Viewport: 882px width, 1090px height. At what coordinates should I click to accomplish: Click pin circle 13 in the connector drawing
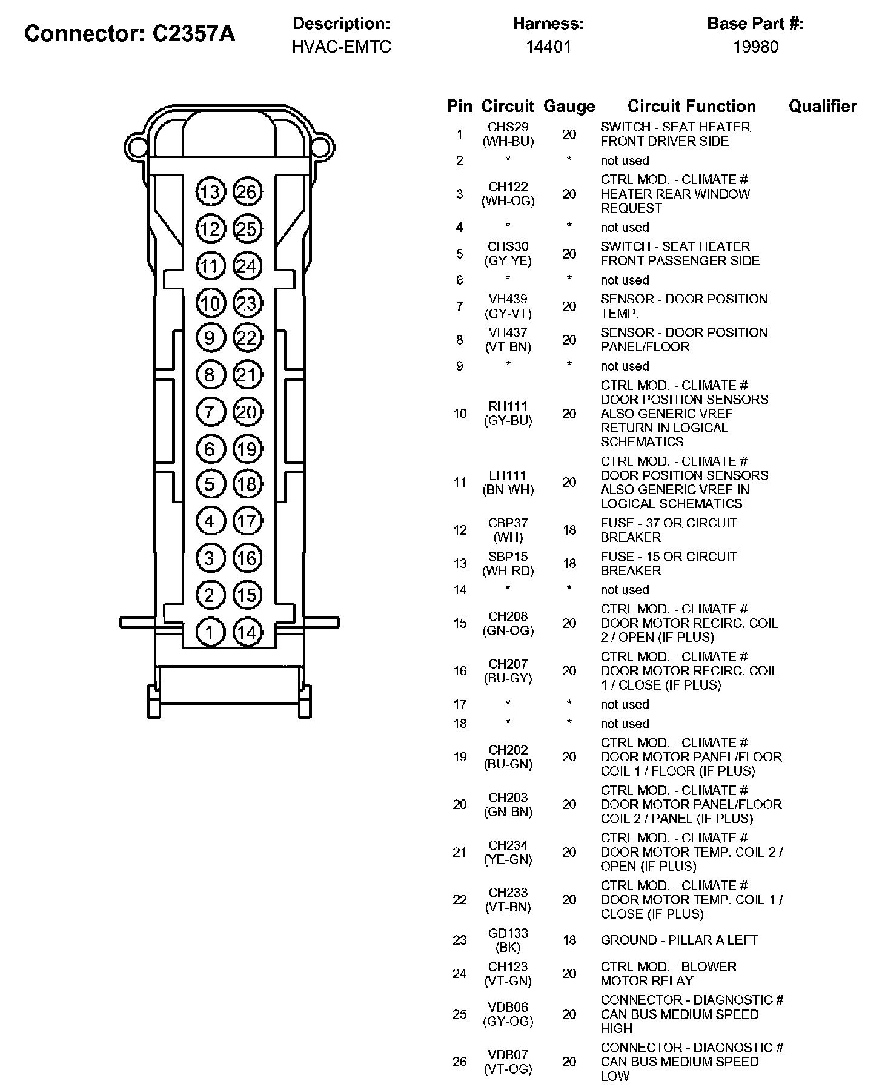210,193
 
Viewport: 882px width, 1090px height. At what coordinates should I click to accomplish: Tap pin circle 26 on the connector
247,193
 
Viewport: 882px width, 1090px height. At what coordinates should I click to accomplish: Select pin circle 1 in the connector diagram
210,633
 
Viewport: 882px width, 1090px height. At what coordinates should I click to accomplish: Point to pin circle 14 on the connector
247,633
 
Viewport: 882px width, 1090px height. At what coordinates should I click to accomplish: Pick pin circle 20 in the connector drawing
247,412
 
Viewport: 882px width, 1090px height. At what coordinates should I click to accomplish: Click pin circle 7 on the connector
210,412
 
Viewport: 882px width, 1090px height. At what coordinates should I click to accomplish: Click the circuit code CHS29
508,127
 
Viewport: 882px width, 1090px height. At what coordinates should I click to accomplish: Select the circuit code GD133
508,933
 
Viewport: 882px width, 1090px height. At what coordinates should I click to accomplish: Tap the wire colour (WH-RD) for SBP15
508,570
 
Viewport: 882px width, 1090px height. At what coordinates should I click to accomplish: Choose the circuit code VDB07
508,1054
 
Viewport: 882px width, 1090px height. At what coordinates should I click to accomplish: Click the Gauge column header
569,107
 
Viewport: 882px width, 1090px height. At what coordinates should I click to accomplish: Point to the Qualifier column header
822,107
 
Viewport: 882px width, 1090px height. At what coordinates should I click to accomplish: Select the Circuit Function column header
691,107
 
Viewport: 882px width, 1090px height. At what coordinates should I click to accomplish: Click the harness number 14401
548,47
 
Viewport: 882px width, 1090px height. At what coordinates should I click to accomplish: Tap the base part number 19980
755,47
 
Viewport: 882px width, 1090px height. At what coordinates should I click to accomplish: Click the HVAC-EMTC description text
342,47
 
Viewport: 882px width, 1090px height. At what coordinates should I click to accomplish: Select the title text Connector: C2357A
130,34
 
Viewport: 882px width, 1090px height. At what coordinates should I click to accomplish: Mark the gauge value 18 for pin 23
569,940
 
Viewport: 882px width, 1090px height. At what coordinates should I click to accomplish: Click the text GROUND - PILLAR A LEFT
679,940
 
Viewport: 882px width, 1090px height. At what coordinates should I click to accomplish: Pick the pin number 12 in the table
460,530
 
